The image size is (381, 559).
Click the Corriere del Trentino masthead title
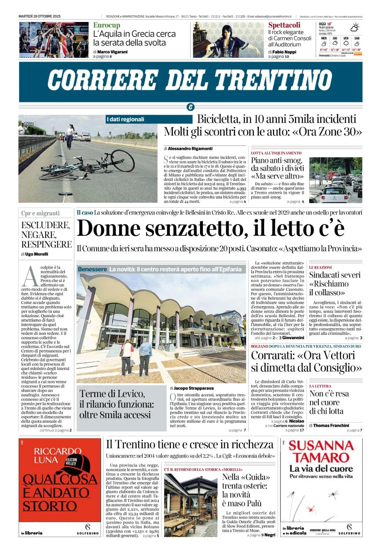[190, 80]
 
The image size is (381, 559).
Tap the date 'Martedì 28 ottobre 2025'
[39, 16]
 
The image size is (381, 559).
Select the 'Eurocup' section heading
[107, 25]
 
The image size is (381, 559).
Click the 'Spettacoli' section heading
[284, 25]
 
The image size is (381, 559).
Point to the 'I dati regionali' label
[126, 119]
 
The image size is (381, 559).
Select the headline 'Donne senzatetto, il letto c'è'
[210, 228]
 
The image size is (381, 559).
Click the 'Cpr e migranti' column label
[40, 213]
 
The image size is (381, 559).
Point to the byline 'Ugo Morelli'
[36, 254]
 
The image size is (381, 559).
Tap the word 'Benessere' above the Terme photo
[92, 269]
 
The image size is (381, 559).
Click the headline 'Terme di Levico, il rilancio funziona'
[116, 404]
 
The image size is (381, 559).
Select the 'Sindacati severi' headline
[335, 275]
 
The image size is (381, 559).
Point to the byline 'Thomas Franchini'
[331, 425]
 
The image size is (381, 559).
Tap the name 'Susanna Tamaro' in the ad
[321, 451]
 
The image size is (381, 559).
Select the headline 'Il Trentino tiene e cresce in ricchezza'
[190, 444]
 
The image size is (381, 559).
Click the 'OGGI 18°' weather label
[325, 24]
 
